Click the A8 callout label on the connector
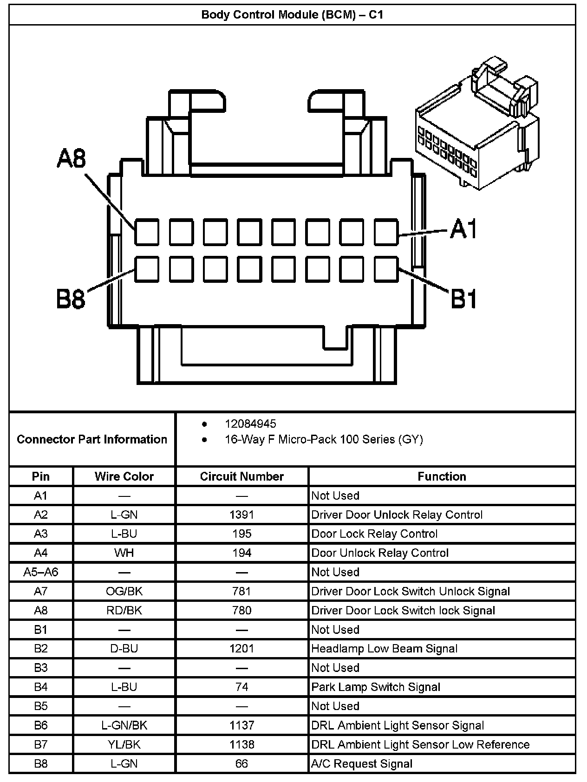[x=72, y=158]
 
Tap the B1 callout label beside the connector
[x=463, y=298]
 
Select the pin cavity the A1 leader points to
[x=386, y=232]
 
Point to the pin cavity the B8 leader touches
[x=147, y=269]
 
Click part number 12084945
[x=250, y=424]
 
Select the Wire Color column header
[x=124, y=476]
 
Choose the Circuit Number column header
[x=241, y=476]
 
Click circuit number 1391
[x=241, y=515]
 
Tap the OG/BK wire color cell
[x=124, y=591]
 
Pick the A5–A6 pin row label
[x=41, y=572]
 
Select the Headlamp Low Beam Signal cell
[x=384, y=649]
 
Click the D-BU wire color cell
[x=124, y=649]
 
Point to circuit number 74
[x=241, y=687]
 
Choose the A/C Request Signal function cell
[x=362, y=764]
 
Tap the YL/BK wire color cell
[x=124, y=744]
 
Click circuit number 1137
[x=241, y=725]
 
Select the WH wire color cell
[x=124, y=553]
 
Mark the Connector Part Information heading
[x=92, y=439]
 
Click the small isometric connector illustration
[x=477, y=125]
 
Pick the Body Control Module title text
[x=292, y=14]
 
